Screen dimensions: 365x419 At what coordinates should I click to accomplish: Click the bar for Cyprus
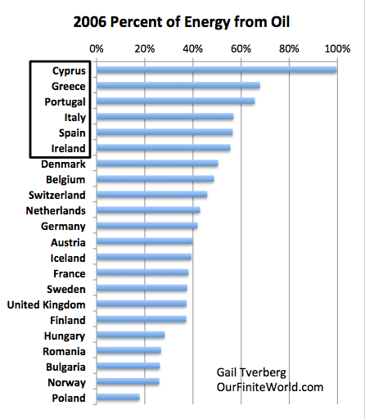tap(217, 70)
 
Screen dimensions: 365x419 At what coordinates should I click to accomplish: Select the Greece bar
tap(178, 85)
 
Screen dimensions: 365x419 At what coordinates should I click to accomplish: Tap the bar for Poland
tap(118, 397)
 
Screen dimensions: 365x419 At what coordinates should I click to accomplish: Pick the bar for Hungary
tap(131, 335)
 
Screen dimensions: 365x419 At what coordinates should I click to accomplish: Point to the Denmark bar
tap(157, 163)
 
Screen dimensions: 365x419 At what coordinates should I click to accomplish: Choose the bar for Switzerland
tap(152, 194)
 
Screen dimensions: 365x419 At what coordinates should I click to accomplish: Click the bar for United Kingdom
tap(142, 304)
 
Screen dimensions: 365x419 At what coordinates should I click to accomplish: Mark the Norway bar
tap(128, 381)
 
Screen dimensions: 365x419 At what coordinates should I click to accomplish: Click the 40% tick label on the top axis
tap(193, 49)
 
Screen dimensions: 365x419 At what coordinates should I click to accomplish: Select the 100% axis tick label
tap(337, 49)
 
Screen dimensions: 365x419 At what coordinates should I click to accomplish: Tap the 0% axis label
tap(97, 49)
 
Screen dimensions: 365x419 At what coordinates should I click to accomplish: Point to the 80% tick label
tap(289, 49)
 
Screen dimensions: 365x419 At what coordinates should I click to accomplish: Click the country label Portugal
tap(65, 102)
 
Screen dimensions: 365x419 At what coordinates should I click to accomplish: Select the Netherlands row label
tap(56, 210)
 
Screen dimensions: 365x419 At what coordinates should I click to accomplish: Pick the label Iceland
tap(68, 258)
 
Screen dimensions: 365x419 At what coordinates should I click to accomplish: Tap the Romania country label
tap(64, 351)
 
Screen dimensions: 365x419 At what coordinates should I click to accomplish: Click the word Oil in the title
tap(280, 22)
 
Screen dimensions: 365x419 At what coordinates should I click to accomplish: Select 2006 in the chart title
tap(90, 22)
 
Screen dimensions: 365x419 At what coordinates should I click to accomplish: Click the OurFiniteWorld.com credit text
tap(270, 387)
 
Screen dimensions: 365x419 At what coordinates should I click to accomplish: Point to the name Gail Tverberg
tap(251, 373)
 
